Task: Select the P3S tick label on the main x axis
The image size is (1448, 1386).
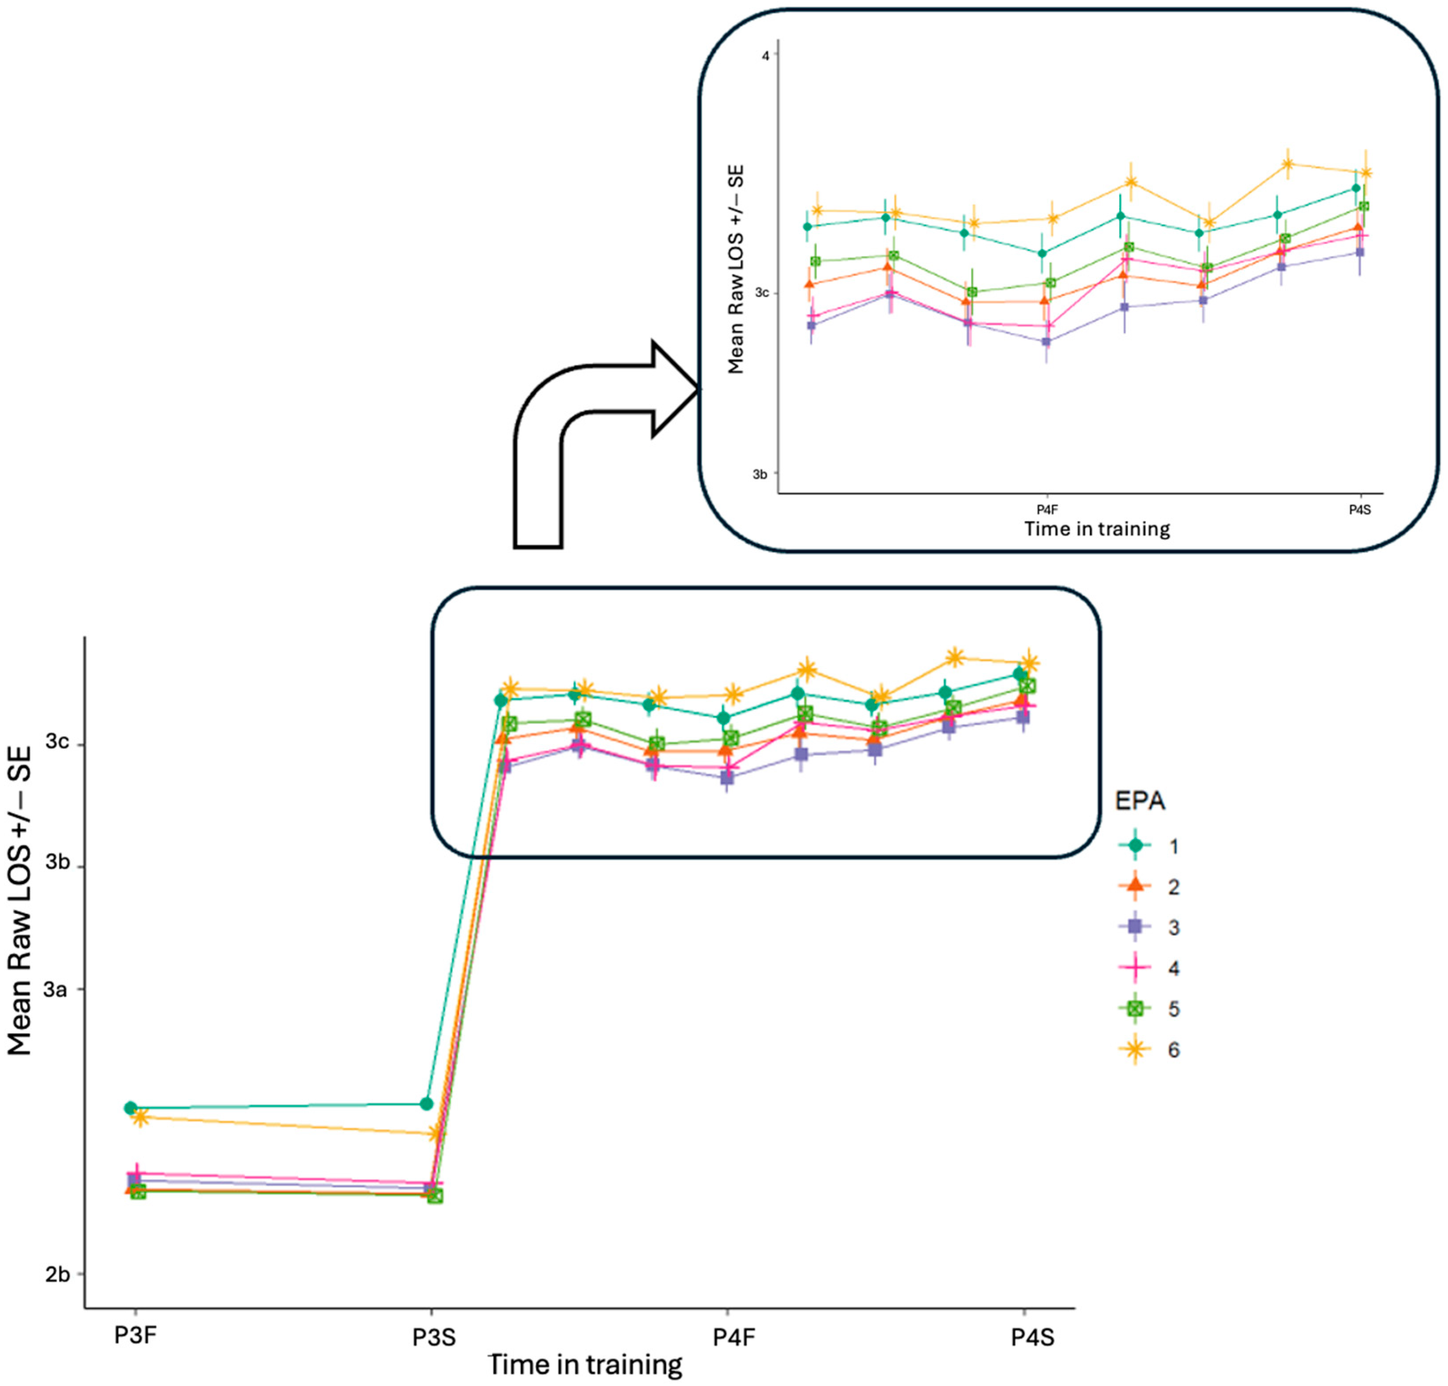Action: pyautogui.click(x=434, y=1336)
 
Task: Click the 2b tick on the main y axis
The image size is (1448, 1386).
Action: pyautogui.click(x=58, y=1274)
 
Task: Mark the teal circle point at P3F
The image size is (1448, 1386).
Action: pyautogui.click(x=131, y=1107)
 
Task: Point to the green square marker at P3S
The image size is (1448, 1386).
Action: pyautogui.click(x=435, y=1195)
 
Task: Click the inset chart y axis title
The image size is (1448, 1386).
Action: pyautogui.click(x=736, y=270)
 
